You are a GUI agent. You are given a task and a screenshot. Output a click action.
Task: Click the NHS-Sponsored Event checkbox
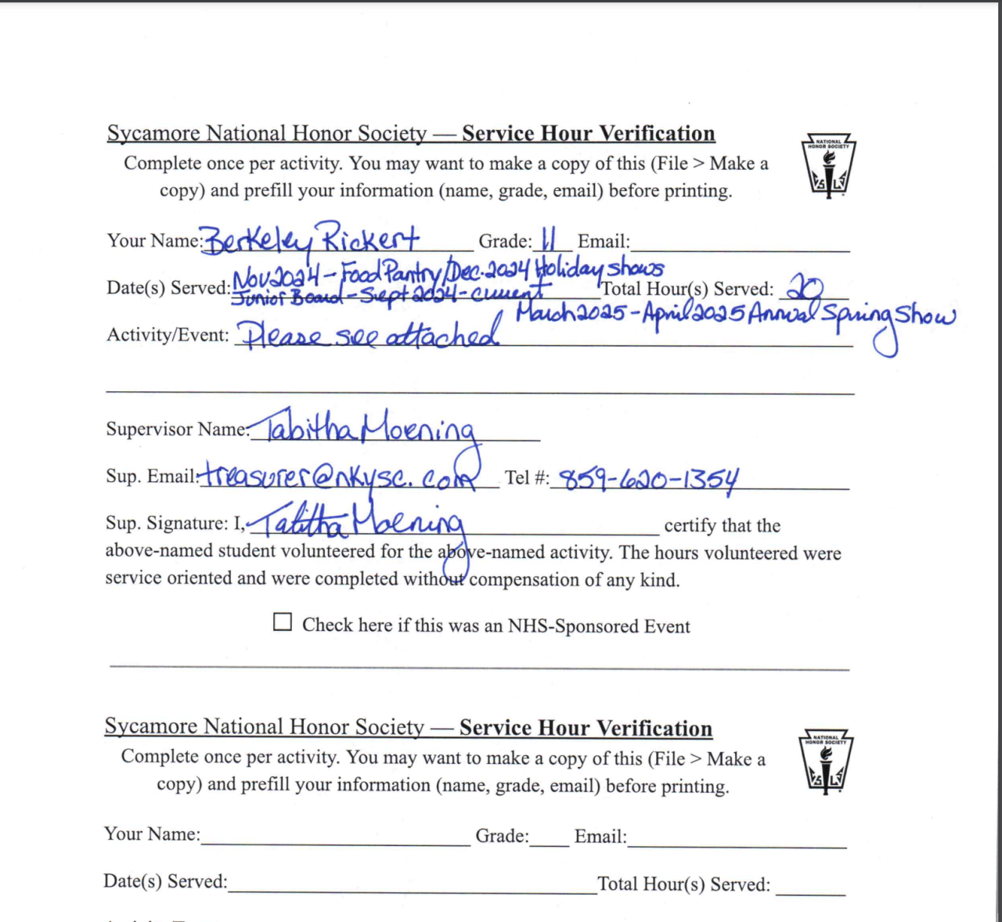tap(283, 622)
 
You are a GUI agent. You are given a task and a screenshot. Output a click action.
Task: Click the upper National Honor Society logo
tap(828, 167)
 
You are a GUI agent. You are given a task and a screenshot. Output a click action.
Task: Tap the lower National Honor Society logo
tap(826, 762)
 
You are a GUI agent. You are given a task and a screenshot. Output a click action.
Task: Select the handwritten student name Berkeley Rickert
tap(311, 240)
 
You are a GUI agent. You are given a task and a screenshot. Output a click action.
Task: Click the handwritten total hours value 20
tap(805, 288)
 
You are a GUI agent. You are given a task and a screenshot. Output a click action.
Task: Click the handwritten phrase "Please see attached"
tap(369, 335)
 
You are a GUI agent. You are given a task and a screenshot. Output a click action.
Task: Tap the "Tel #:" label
tap(527, 477)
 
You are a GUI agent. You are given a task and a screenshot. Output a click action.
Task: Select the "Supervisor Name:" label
tap(177, 429)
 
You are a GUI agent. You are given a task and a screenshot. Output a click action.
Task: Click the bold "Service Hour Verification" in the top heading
tap(588, 133)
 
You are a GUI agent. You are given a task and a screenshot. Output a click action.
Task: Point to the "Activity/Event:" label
tap(168, 335)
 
